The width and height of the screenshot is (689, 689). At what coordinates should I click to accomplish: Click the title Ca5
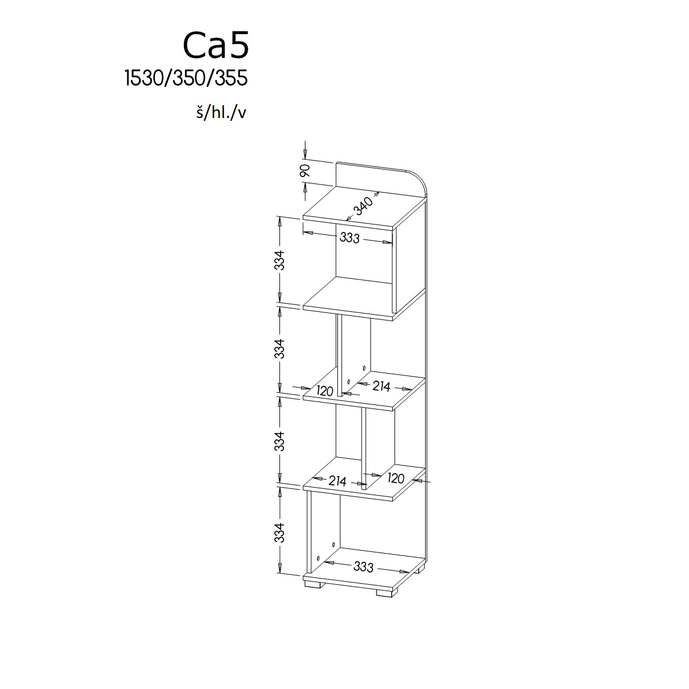tap(216, 45)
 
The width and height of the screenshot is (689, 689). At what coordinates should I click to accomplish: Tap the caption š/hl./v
tap(221, 113)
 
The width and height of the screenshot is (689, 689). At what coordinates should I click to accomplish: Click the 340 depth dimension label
tap(363, 205)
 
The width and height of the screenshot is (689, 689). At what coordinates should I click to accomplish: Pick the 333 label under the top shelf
tap(350, 238)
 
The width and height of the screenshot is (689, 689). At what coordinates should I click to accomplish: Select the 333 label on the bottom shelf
tap(363, 567)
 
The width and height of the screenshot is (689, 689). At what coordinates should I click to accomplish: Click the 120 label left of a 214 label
tap(325, 390)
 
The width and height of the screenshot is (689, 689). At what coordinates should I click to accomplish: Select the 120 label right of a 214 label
tap(396, 478)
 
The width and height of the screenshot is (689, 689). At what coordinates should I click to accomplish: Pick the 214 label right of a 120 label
tap(381, 386)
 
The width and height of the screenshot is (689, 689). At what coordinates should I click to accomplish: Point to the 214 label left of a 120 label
tap(337, 481)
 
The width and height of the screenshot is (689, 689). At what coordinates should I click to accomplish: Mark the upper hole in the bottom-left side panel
tap(334, 545)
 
